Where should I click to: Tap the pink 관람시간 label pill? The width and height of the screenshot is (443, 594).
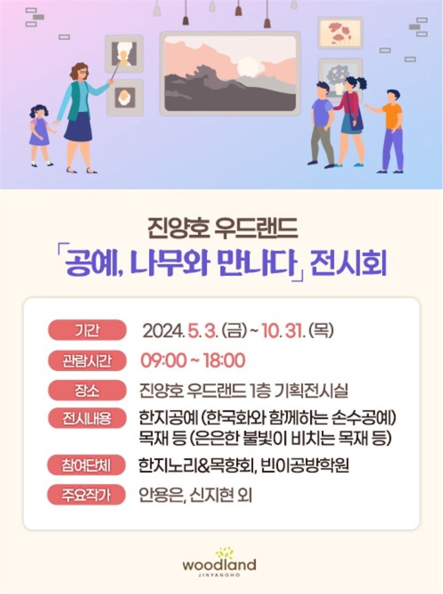pyautogui.click(x=87, y=361)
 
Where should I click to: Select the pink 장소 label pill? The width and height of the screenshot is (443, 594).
pyautogui.click(x=87, y=390)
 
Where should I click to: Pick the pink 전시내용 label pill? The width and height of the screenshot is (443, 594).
pyautogui.click(x=87, y=419)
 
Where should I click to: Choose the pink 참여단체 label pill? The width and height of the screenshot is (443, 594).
pyautogui.click(x=86, y=465)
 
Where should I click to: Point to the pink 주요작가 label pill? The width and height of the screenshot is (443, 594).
pyautogui.click(x=86, y=495)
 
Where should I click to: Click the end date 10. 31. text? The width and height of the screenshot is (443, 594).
pyautogui.click(x=283, y=331)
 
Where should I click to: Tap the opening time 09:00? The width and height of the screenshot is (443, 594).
pyautogui.click(x=164, y=361)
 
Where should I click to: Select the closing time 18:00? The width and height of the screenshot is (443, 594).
pyautogui.click(x=224, y=361)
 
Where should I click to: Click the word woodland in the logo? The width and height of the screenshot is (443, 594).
pyautogui.click(x=219, y=565)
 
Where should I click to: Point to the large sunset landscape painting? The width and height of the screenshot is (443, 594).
pyautogui.click(x=230, y=74)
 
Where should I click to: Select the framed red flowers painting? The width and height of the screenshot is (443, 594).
pyautogui.click(x=340, y=33)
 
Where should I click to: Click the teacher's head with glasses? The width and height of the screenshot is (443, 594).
pyautogui.click(x=79, y=72)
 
